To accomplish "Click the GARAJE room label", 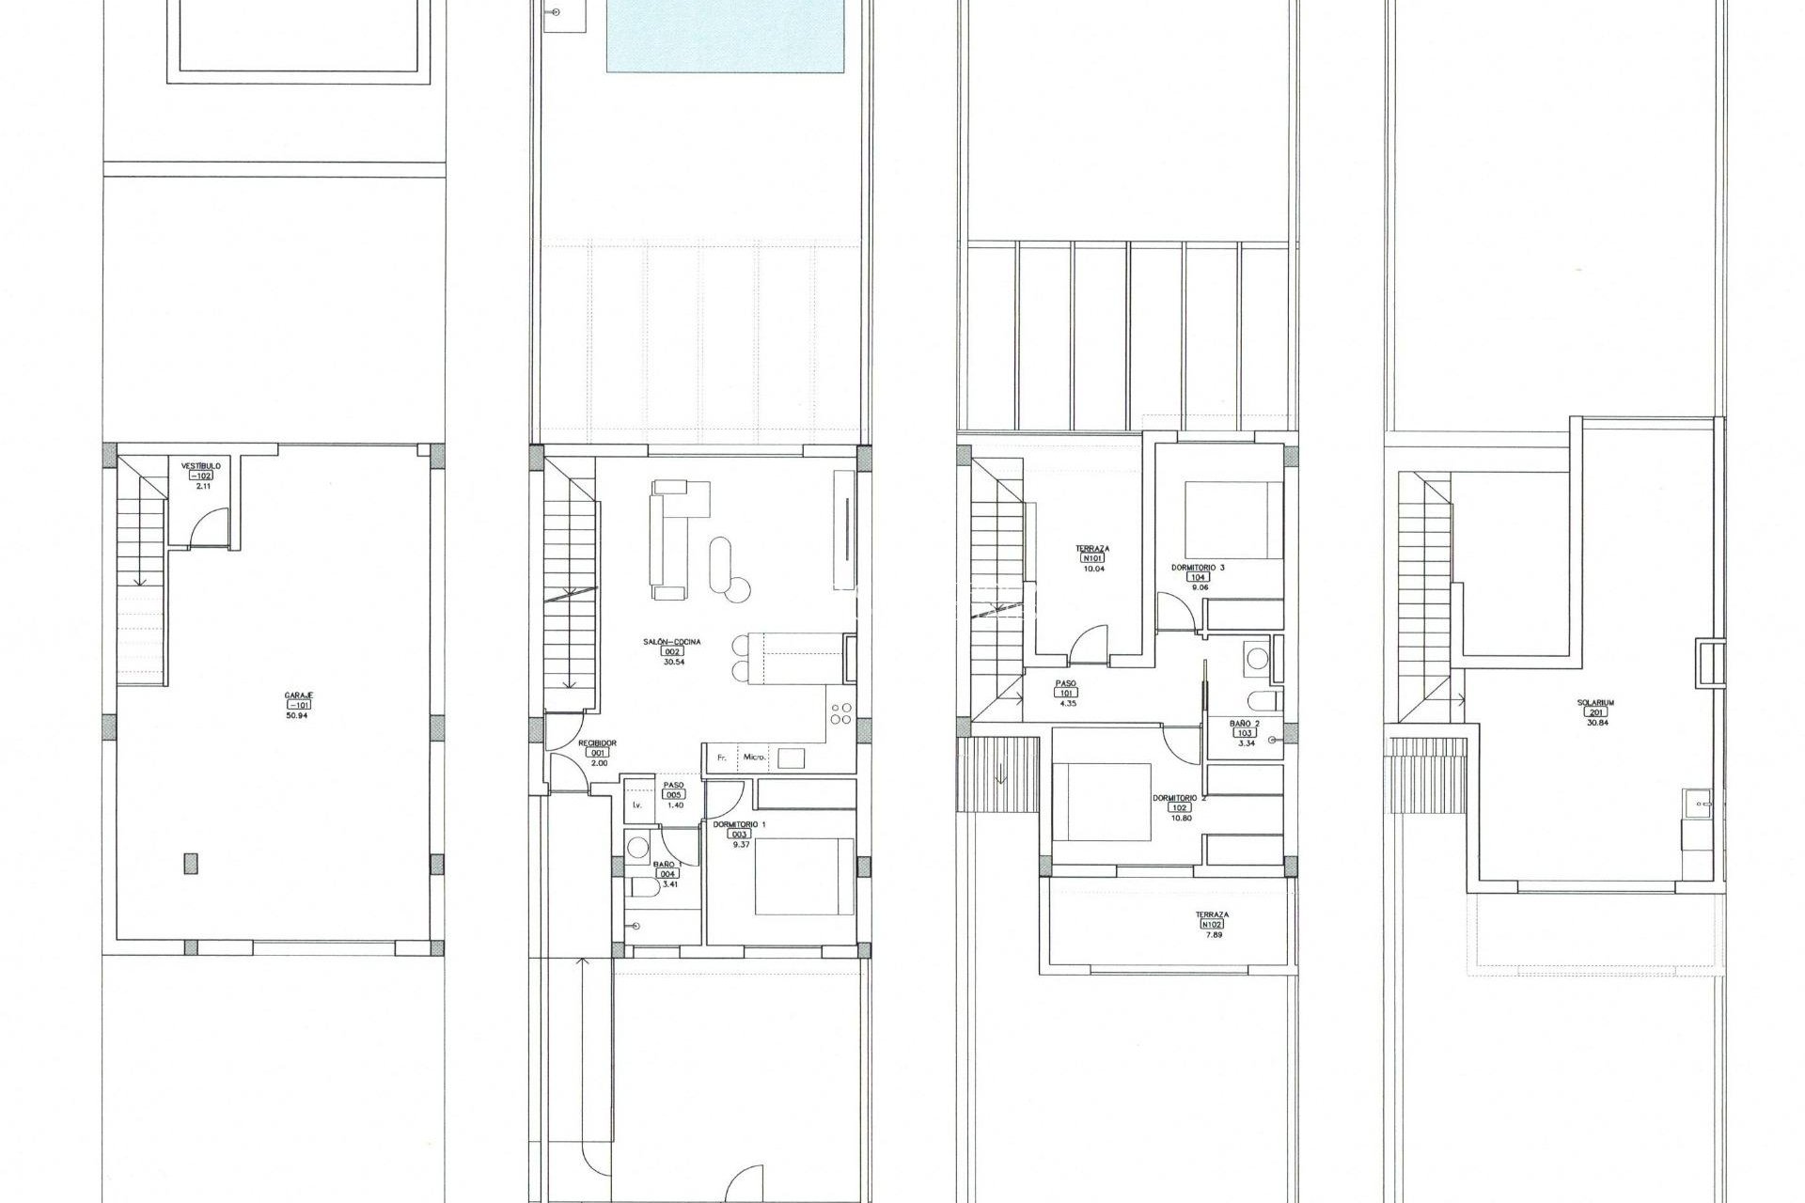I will coord(299,695).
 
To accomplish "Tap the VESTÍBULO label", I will coord(201,465).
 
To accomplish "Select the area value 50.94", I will coord(297,715).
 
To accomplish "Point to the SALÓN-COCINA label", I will coord(671,642).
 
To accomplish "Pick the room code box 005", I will coord(674,794).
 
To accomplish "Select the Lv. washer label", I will coord(637,805).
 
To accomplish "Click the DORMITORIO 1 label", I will coord(739,823).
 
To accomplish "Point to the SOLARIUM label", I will coord(1595,702).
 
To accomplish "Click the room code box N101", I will coord(1092,558).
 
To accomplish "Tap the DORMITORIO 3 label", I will coord(1198,568).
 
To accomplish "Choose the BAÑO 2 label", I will coord(1245,723).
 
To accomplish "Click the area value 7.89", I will coord(1212,934).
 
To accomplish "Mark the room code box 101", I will coord(1066,693).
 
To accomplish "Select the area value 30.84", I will coord(1595,723).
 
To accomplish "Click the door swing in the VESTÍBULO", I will coord(209,528).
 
